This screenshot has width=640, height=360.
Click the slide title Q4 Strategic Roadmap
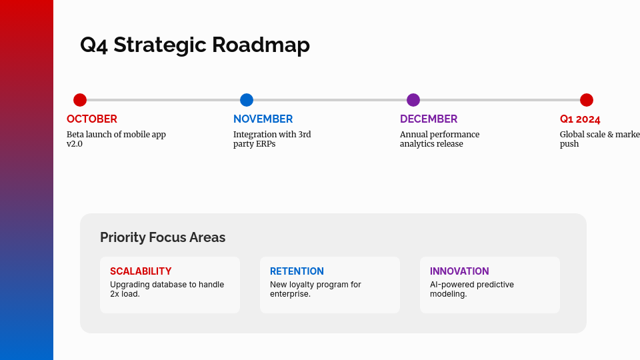coord(195,45)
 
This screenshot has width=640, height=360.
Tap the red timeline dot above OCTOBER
coord(80,100)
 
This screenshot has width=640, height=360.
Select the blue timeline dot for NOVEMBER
coord(247,100)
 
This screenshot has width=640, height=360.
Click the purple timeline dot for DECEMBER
coord(413,100)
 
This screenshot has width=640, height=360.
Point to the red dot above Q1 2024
coord(587,100)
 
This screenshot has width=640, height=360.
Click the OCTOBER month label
coord(92,119)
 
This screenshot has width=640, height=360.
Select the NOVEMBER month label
coord(263,119)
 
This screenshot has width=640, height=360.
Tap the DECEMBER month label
coord(429,119)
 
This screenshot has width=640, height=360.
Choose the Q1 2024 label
coord(580,119)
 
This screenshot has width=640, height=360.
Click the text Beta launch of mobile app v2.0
coord(116,139)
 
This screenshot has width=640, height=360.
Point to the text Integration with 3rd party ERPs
coord(272,139)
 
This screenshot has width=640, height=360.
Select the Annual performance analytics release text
coord(439,139)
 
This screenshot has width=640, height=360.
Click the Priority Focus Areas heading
coord(163,237)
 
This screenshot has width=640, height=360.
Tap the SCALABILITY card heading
coord(141,271)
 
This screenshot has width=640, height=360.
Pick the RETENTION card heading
coord(297,271)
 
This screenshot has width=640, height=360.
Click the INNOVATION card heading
coord(459,271)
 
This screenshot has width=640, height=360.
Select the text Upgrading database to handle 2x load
coord(167,289)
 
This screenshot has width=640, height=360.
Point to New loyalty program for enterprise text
coord(315,289)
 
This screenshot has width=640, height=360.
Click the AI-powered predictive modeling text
coord(472,289)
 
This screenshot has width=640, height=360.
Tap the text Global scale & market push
coord(599,139)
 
